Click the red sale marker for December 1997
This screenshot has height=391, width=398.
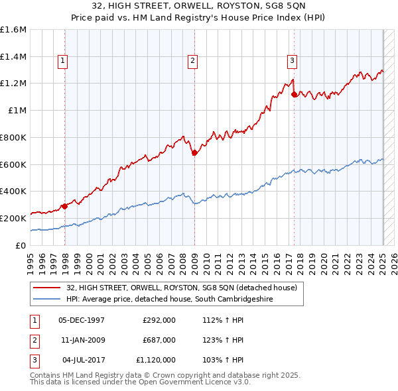pyautogui.click(x=65, y=206)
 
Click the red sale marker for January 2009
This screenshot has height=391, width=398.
pyautogui.click(x=194, y=153)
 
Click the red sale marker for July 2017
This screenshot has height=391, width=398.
pyautogui.click(x=294, y=95)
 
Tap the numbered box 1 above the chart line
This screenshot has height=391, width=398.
pyautogui.click(x=63, y=62)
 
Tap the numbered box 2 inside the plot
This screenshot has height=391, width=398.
pyautogui.click(x=192, y=62)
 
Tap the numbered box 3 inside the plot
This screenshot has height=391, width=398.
pyautogui.click(x=292, y=62)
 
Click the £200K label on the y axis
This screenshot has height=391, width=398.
pyautogui.click(x=13, y=218)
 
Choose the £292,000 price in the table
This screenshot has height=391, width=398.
pyautogui.click(x=159, y=320)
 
